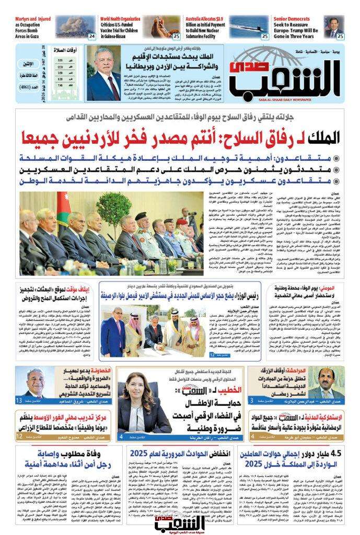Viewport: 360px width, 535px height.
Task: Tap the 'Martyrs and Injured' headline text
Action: pyautogui.click(x=33, y=19)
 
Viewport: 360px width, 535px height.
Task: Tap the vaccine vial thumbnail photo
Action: pyautogui.click(x=166, y=27)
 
